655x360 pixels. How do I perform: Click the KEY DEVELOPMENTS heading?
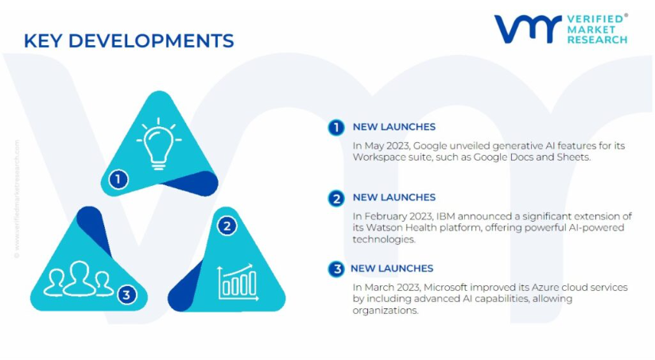coord(129,41)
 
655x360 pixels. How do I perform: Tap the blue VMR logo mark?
coord(528,29)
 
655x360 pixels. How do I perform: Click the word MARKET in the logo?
coord(591,29)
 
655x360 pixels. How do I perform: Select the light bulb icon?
coord(159,144)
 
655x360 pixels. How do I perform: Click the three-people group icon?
coord(79,279)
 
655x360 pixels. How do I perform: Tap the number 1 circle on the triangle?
coord(118,180)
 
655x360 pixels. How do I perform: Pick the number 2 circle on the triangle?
coord(227,226)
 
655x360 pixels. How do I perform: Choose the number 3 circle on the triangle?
coord(127,295)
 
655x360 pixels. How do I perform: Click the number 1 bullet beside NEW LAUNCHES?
coord(336,127)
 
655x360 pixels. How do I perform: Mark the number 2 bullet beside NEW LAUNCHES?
coord(336,199)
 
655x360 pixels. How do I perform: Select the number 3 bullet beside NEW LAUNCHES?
coord(336,269)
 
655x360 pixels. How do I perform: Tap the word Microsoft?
coord(445,288)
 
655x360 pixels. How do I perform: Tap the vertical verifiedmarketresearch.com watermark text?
coord(17,199)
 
